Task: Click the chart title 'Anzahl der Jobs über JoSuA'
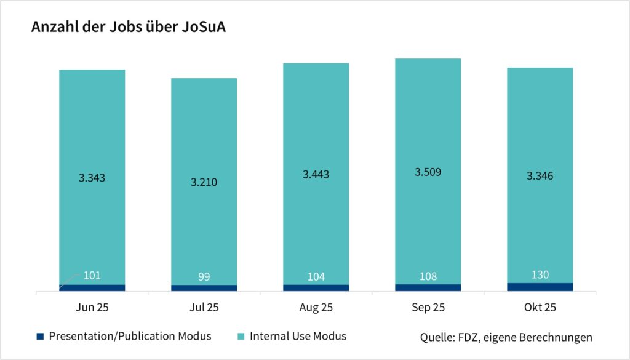(x=129, y=28)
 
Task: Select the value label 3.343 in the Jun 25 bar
(x=92, y=178)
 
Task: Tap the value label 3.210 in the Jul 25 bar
(x=204, y=182)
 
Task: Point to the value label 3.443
(x=316, y=174)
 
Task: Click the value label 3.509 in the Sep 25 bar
(x=428, y=172)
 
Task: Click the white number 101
(x=92, y=275)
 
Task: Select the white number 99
(x=204, y=276)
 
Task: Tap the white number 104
(x=316, y=276)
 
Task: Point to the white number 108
(x=428, y=276)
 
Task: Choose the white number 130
(x=540, y=274)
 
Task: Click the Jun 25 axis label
(x=92, y=307)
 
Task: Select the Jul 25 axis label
(x=204, y=307)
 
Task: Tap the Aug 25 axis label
(x=316, y=307)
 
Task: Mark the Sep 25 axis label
(x=428, y=307)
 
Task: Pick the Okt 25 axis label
(x=540, y=307)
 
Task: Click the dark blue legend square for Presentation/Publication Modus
(x=41, y=336)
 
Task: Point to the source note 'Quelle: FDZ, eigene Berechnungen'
(x=506, y=337)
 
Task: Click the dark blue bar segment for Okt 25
(x=540, y=287)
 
